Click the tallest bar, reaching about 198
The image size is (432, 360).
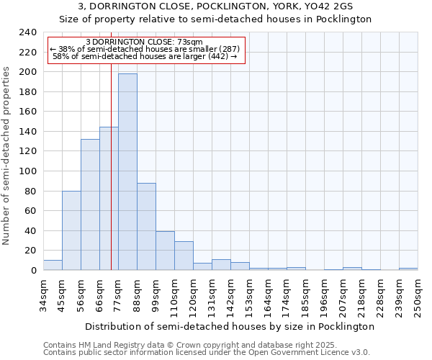click(127, 173)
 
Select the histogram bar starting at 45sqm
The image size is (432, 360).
click(71, 230)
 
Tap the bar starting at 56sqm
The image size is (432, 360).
click(90, 205)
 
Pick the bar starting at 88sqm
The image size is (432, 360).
click(146, 227)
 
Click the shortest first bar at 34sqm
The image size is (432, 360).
click(53, 265)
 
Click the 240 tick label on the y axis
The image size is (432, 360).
click(28, 32)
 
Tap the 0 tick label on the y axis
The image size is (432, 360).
click(33, 270)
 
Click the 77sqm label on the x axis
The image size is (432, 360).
click(118, 295)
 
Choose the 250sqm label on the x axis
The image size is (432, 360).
click(418, 297)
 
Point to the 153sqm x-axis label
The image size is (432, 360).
click(249, 297)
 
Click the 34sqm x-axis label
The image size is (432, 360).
click(43, 295)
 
